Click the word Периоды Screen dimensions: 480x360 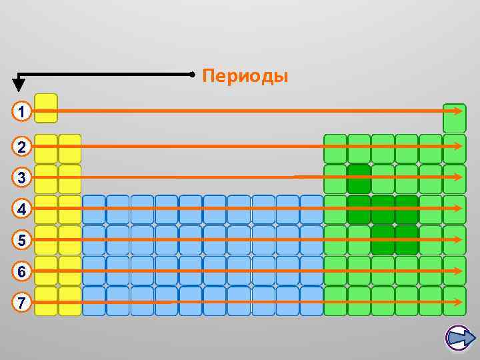click(x=245, y=77)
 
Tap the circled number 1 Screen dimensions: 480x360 click(x=22, y=111)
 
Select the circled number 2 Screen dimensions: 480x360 click(x=22, y=147)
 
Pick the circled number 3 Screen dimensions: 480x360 click(x=22, y=178)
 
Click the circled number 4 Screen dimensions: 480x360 click(x=22, y=209)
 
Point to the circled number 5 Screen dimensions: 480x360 click(x=22, y=240)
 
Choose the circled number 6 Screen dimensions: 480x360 click(x=22, y=271)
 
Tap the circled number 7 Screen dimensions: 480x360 click(x=22, y=303)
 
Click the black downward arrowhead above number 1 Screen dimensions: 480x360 click(x=19, y=85)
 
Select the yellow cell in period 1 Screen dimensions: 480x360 click(x=45, y=108)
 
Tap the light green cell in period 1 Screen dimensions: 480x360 click(x=454, y=119)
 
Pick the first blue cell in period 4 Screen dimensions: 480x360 click(x=94, y=208)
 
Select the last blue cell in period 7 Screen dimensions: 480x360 click(x=311, y=300)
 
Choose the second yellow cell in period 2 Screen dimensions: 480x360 click(x=69, y=148)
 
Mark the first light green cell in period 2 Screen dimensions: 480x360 click(x=335, y=148)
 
